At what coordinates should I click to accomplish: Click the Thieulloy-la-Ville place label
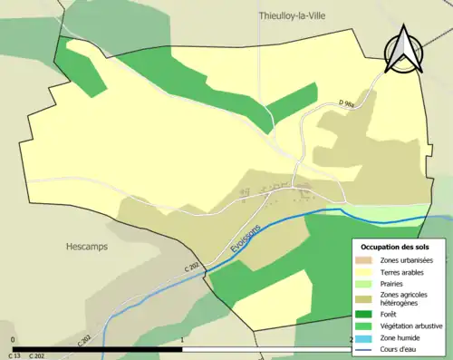click(296, 15)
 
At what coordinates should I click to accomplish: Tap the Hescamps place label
click(88, 246)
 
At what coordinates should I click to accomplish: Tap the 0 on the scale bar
click(14, 341)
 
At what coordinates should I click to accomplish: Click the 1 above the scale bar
click(184, 341)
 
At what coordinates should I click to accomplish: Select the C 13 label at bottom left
click(14, 355)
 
